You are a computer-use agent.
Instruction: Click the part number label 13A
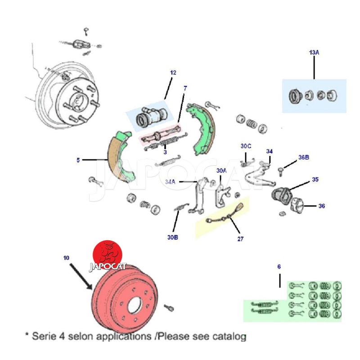click(x=314, y=53)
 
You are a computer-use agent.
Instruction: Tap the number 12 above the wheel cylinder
click(x=173, y=72)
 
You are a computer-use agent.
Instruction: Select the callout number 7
click(x=184, y=88)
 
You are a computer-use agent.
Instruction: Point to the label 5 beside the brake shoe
click(x=78, y=160)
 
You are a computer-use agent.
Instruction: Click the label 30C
click(x=246, y=146)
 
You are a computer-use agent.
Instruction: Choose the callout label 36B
click(x=304, y=157)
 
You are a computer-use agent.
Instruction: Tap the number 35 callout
click(x=315, y=180)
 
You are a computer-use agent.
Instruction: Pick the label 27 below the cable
click(x=240, y=239)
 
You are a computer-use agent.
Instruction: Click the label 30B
click(x=173, y=237)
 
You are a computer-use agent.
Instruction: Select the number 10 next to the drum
click(x=67, y=258)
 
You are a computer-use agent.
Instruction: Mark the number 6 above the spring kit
click(x=279, y=267)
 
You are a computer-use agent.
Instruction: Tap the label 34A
click(x=170, y=182)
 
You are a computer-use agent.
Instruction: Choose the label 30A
click(x=221, y=171)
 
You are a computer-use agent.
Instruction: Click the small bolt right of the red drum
click(x=170, y=307)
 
